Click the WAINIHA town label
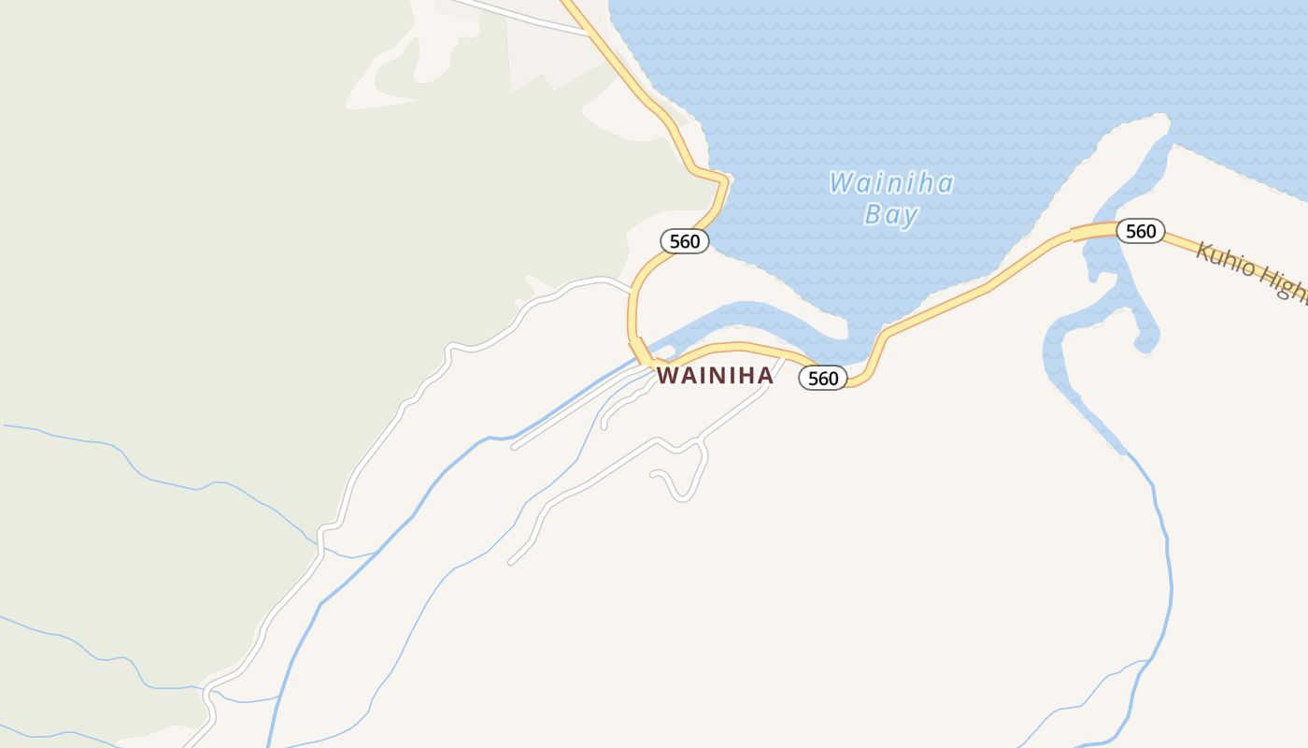[715, 375]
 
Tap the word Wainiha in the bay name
[890, 182]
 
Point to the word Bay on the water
[891, 215]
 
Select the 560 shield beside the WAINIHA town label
[823, 378]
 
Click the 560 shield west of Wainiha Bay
[685, 241]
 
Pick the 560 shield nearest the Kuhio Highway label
[1141, 231]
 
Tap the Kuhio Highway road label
[1252, 272]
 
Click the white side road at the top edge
[523, 14]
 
